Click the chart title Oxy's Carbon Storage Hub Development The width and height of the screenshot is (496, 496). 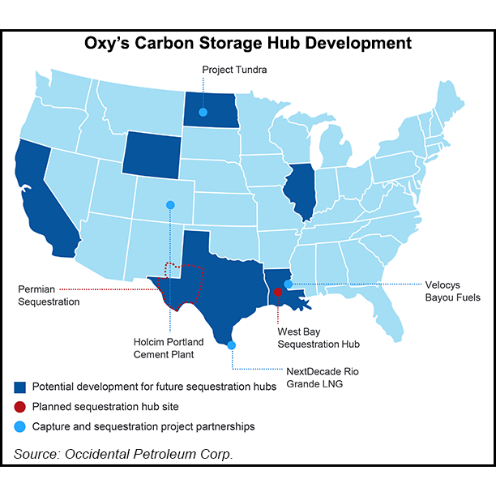click(248, 43)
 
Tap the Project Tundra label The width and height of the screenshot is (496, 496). click(234, 70)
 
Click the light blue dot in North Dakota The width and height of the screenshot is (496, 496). click(203, 112)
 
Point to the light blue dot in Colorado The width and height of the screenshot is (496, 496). click(170, 205)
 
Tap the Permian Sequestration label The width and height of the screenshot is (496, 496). click(49, 295)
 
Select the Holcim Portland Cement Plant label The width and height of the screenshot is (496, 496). click(169, 348)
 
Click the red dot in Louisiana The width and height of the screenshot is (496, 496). click(277, 292)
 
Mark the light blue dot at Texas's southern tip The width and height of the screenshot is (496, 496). click(233, 345)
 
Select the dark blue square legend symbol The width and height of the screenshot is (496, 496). click(19, 387)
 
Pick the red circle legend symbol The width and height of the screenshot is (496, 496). click(19, 406)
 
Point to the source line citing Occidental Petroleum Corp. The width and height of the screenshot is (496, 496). click(124, 454)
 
